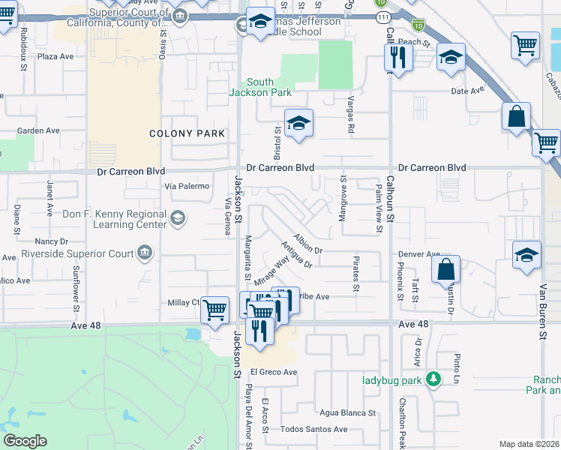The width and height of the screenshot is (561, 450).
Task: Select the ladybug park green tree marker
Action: (433, 378)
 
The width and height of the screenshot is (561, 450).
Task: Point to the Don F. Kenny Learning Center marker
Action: (178, 218)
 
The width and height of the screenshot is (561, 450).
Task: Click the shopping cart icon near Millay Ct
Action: (215, 309)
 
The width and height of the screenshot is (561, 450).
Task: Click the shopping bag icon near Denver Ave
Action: (445, 268)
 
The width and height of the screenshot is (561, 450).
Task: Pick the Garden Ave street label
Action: (38, 130)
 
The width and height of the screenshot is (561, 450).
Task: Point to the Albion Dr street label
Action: (307, 243)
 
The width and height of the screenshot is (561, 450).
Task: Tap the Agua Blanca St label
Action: (347, 413)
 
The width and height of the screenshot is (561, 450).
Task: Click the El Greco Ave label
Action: (274, 372)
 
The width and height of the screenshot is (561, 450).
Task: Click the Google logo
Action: (25, 440)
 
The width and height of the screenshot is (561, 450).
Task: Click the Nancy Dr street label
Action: (52, 242)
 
